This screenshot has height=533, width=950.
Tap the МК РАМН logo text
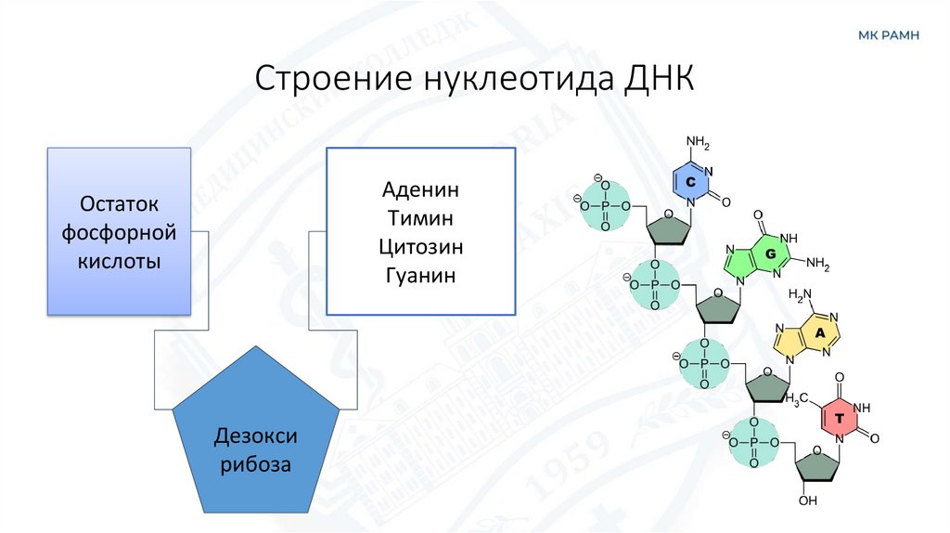pyautogui.click(x=888, y=35)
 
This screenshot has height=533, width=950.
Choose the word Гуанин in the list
pyautogui.click(x=420, y=276)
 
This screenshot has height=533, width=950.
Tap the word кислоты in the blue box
pyautogui.click(x=120, y=261)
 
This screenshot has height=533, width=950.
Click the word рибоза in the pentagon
pyautogui.click(x=256, y=463)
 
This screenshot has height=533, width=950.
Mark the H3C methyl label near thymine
pyautogui.click(x=799, y=399)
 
